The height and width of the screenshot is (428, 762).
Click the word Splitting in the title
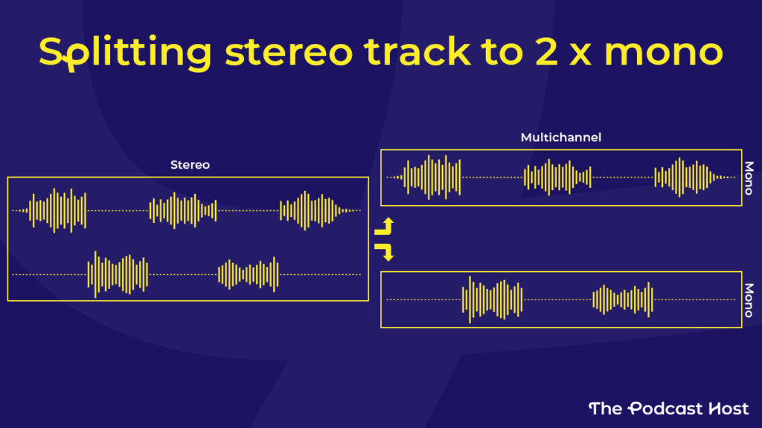click(x=125, y=53)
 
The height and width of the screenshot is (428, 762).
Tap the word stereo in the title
click(x=289, y=52)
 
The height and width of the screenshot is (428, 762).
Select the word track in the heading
click(x=417, y=51)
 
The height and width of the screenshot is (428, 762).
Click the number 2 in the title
click(x=546, y=51)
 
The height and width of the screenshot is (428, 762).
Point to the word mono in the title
click(x=664, y=53)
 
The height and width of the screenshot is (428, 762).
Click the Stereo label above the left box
click(x=190, y=165)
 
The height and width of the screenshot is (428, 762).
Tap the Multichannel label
click(x=561, y=137)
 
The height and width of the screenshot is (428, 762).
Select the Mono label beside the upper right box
click(x=749, y=178)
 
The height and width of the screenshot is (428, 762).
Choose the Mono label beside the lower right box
click(x=749, y=300)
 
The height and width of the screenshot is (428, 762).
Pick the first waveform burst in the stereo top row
click(x=57, y=210)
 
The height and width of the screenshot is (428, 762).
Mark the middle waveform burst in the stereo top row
click(x=183, y=210)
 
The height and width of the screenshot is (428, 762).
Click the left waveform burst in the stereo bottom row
click(x=118, y=275)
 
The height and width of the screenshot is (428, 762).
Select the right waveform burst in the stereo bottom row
click(x=249, y=275)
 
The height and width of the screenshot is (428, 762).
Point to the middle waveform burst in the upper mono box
click(x=557, y=177)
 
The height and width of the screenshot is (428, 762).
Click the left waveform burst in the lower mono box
click(x=493, y=299)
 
